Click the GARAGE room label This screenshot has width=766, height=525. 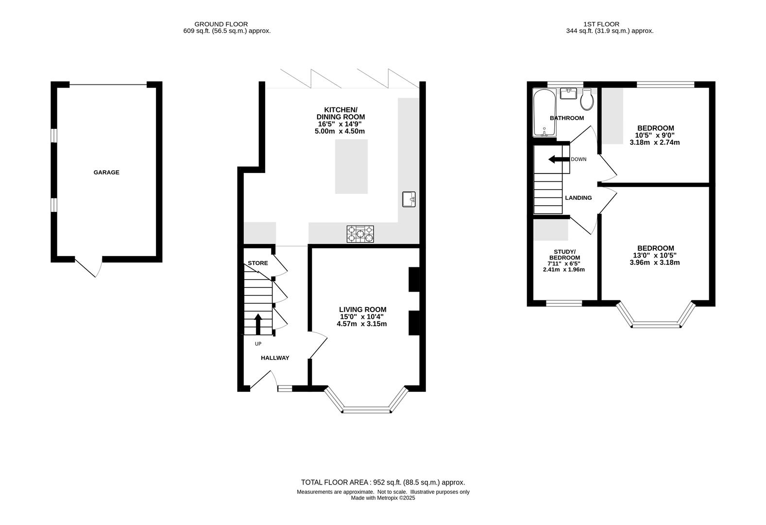click(x=106, y=173)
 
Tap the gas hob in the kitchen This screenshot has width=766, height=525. click(x=360, y=234)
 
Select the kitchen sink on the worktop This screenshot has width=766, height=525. click(x=409, y=199)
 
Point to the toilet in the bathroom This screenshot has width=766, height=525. click(x=587, y=99)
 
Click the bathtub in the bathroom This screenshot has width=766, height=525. click(x=545, y=113)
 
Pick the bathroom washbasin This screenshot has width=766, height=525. click(x=568, y=93)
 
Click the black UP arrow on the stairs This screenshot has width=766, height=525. click(x=258, y=324)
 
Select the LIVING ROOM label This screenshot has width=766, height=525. click(x=362, y=309)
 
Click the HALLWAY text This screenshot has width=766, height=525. click(x=275, y=358)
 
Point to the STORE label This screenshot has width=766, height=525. click(x=258, y=263)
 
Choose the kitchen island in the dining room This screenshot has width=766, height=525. click(x=351, y=166)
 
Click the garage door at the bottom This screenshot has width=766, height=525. click(x=88, y=267)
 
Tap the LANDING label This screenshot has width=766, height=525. click(x=578, y=198)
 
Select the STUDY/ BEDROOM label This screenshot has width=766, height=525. click(x=564, y=255)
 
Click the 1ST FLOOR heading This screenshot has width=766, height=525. click(x=601, y=24)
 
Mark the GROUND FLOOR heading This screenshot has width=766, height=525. click(x=221, y=24)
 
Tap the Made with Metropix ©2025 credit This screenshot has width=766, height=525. click(x=383, y=498)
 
